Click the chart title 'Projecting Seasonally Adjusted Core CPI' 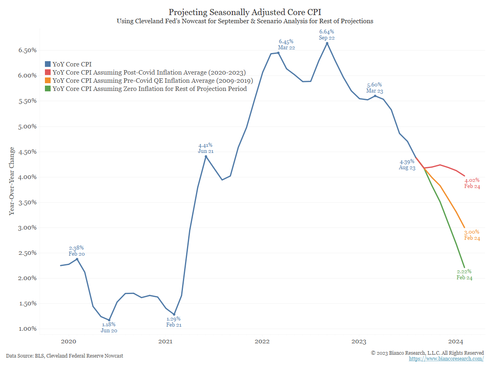pyautogui.click(x=245, y=12)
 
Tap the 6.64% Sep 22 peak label pyautogui.click(x=327, y=34)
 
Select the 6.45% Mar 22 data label pyautogui.click(x=286, y=44)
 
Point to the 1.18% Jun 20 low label pyautogui.click(x=109, y=327)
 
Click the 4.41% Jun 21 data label pyautogui.click(x=205, y=148)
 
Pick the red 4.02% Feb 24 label pyautogui.click(x=472, y=183)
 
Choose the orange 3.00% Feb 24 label pyautogui.click(x=472, y=235)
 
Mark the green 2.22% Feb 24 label pyautogui.click(x=464, y=274)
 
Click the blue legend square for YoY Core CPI pyautogui.click(x=48, y=64)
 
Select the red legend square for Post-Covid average pyautogui.click(x=48, y=73)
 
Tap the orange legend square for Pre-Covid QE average pyautogui.click(x=48, y=81)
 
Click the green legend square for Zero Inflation pyautogui.click(x=48, y=89)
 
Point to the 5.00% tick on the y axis pyautogui.click(x=26, y=126)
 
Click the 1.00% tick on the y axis pyautogui.click(x=26, y=329)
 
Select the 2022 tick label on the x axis pyautogui.click(x=262, y=341)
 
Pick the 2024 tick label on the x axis pyautogui.click(x=456, y=341)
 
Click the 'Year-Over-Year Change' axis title pyautogui.click(x=12, y=181)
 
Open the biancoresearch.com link pyautogui.click(x=446, y=358)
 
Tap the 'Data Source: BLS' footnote pyautogui.click(x=65, y=356)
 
